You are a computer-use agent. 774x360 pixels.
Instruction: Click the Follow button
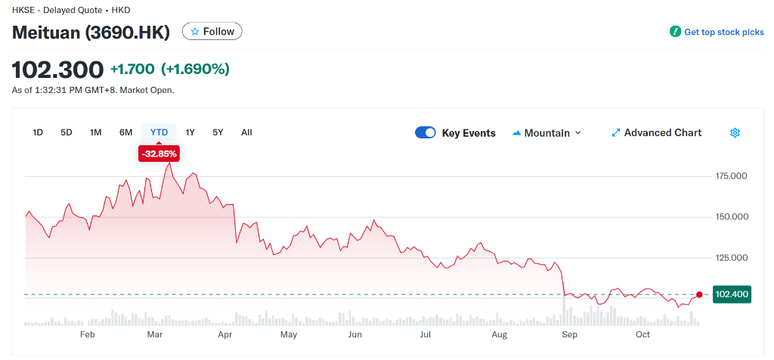(212, 32)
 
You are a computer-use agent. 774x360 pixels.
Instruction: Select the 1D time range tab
(38, 132)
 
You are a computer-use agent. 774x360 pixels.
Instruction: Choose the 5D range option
(67, 132)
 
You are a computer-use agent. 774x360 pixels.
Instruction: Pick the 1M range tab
(96, 132)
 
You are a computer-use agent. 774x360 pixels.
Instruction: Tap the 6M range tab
(125, 132)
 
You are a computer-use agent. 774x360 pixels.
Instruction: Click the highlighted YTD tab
(159, 132)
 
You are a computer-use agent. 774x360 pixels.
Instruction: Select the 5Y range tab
(218, 132)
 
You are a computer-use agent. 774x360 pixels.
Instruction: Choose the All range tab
(246, 132)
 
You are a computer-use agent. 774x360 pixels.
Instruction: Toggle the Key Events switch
(426, 132)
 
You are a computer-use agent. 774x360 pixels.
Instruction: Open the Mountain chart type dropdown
(547, 132)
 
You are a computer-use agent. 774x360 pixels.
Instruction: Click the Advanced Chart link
(656, 132)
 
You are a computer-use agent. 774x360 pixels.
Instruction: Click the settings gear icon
(735, 132)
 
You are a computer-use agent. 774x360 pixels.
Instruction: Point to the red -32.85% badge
(159, 154)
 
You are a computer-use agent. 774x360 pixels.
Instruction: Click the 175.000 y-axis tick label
(731, 176)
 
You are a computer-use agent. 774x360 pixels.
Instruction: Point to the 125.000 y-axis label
(731, 258)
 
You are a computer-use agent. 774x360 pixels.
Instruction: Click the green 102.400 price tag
(732, 294)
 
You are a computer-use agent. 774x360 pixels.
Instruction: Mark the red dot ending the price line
(699, 294)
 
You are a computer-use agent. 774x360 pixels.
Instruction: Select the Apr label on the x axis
(224, 334)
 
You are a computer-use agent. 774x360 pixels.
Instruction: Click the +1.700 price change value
(132, 70)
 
